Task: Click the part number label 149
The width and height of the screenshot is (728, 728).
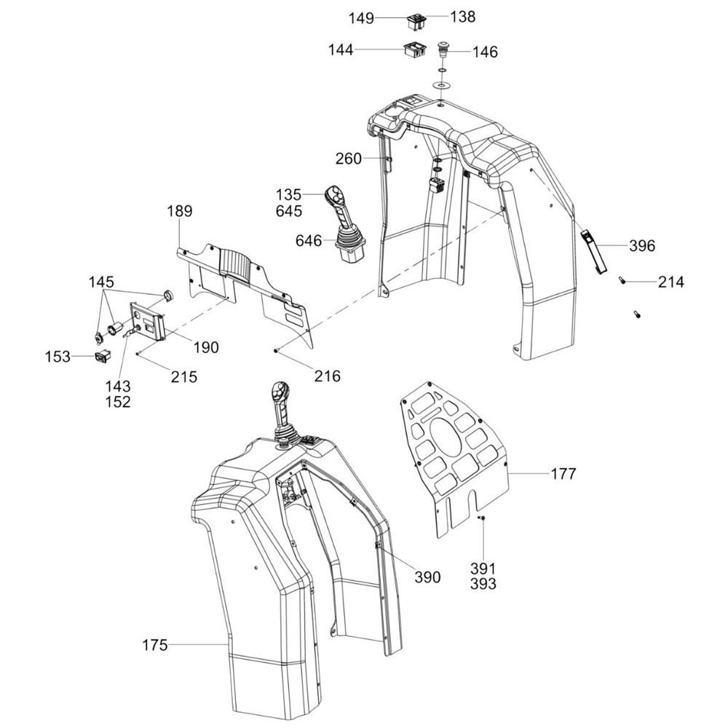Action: click(361, 18)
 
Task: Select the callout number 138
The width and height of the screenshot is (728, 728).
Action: click(463, 17)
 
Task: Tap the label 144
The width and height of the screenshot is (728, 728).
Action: click(341, 50)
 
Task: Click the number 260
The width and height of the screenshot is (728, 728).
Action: click(349, 159)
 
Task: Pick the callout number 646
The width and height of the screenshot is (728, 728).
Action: click(309, 241)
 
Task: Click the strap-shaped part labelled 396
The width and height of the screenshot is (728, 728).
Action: click(593, 251)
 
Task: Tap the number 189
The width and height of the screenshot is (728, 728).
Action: click(180, 211)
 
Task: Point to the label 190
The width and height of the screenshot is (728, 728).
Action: click(206, 347)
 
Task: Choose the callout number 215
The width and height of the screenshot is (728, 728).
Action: click(184, 376)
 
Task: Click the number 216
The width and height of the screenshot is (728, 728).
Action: click(328, 376)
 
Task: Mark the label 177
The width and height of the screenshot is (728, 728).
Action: click(563, 474)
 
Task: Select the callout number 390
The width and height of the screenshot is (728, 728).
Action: click(427, 577)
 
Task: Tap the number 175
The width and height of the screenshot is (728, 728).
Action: click(154, 645)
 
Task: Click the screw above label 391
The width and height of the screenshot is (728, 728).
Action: click(481, 517)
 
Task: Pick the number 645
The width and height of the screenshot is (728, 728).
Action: click(289, 211)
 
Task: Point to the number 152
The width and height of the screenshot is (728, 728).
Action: click(118, 402)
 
